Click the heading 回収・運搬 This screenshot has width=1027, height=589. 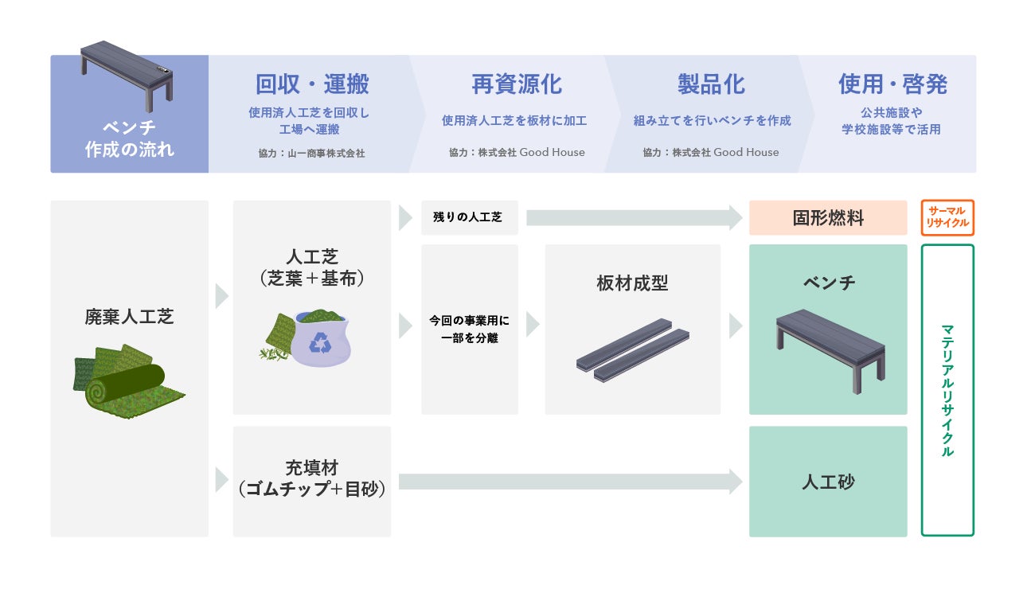(x=312, y=84)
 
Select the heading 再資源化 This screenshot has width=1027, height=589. (x=516, y=84)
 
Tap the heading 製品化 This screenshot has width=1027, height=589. (x=711, y=84)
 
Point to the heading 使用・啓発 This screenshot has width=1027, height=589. (x=892, y=84)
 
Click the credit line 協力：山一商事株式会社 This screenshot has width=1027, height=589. (x=311, y=153)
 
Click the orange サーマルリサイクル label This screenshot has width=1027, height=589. (x=947, y=217)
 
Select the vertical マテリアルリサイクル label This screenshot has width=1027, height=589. (x=947, y=390)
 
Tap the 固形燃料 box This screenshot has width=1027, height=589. (x=828, y=218)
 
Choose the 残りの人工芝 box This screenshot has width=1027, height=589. (x=468, y=217)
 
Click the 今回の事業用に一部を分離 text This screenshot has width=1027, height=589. (x=469, y=330)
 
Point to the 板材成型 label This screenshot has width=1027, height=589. (x=632, y=283)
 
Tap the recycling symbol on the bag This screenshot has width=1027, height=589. (x=321, y=343)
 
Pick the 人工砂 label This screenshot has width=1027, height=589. (x=828, y=482)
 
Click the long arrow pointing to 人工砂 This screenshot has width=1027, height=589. (x=570, y=482)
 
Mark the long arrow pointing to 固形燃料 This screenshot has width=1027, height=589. (x=634, y=217)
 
